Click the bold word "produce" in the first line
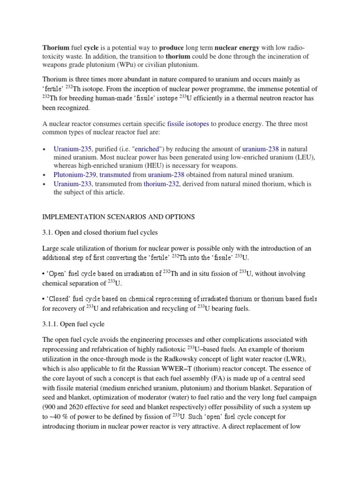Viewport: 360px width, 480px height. pos(171,47)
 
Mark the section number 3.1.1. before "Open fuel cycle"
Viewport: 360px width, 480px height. pos(52,324)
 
